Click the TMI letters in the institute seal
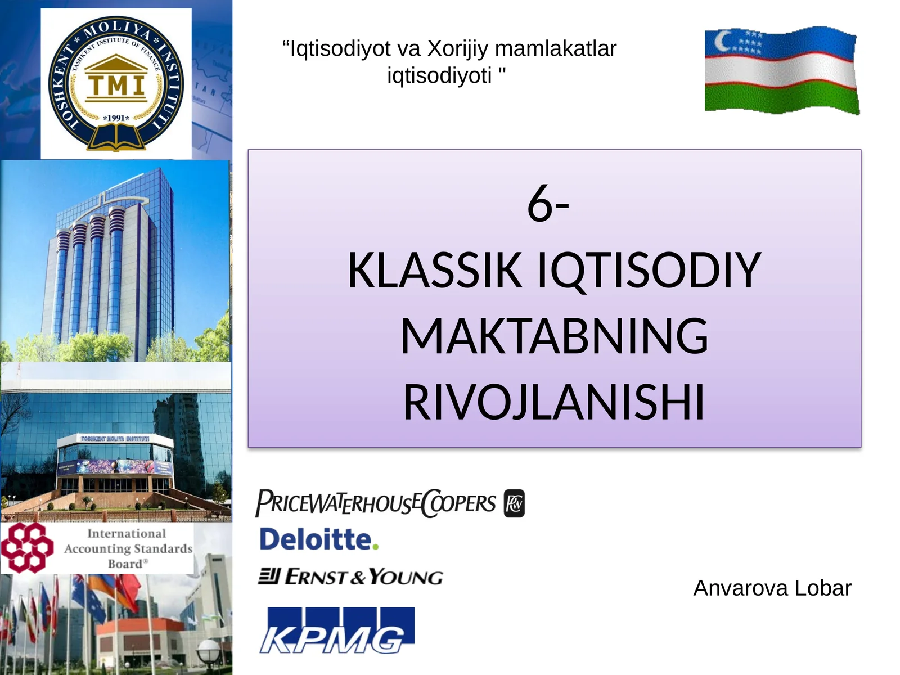pyautogui.click(x=116, y=85)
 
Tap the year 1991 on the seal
pyautogui.click(x=116, y=118)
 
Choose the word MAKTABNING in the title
pyautogui.click(x=554, y=336)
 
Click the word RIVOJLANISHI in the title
pyautogui.click(x=554, y=402)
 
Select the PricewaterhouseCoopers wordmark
pyautogui.click(x=376, y=502)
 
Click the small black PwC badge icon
pyautogui.click(x=514, y=503)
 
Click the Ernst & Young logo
pyautogui.click(x=351, y=577)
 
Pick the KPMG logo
pyautogui.click(x=336, y=631)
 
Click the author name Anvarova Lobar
pyautogui.click(x=772, y=588)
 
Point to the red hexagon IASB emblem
pyautogui.click(x=27, y=547)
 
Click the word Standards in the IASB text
pyautogui.click(x=163, y=548)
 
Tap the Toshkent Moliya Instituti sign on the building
pyautogui.click(x=115, y=438)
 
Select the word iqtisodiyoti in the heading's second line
pyautogui.click(x=439, y=75)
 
